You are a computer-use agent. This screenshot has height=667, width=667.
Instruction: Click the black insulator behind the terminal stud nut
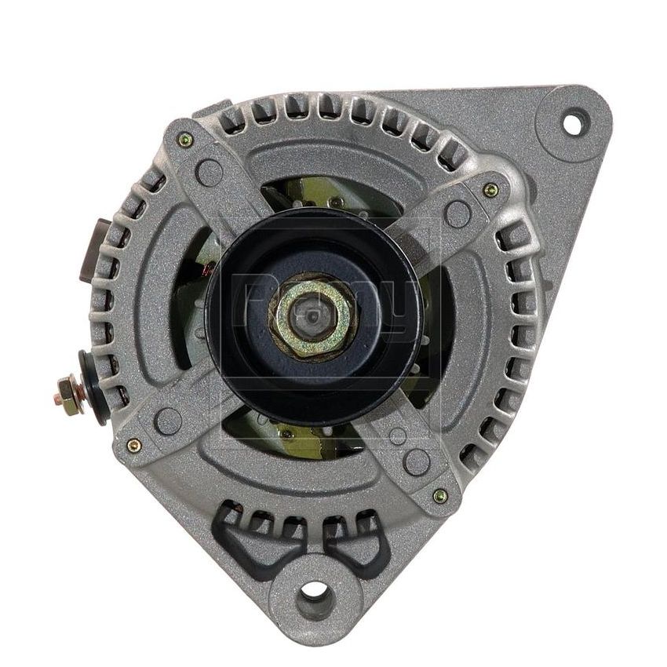click(x=93, y=388)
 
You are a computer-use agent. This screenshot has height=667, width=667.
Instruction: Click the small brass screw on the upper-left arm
click(x=185, y=140)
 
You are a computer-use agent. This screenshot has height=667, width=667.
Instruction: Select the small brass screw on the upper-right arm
click(x=490, y=189)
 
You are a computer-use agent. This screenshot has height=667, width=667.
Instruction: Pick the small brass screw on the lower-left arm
click(x=133, y=445)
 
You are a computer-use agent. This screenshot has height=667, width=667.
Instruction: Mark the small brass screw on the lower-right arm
click(x=440, y=495)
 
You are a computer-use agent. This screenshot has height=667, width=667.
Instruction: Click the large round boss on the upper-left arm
click(x=210, y=172)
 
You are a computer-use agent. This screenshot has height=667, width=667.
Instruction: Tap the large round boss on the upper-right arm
click(x=457, y=213)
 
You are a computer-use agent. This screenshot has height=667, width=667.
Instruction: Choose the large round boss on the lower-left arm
click(x=169, y=421)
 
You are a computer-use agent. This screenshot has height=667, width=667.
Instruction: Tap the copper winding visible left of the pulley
click(x=206, y=271)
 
